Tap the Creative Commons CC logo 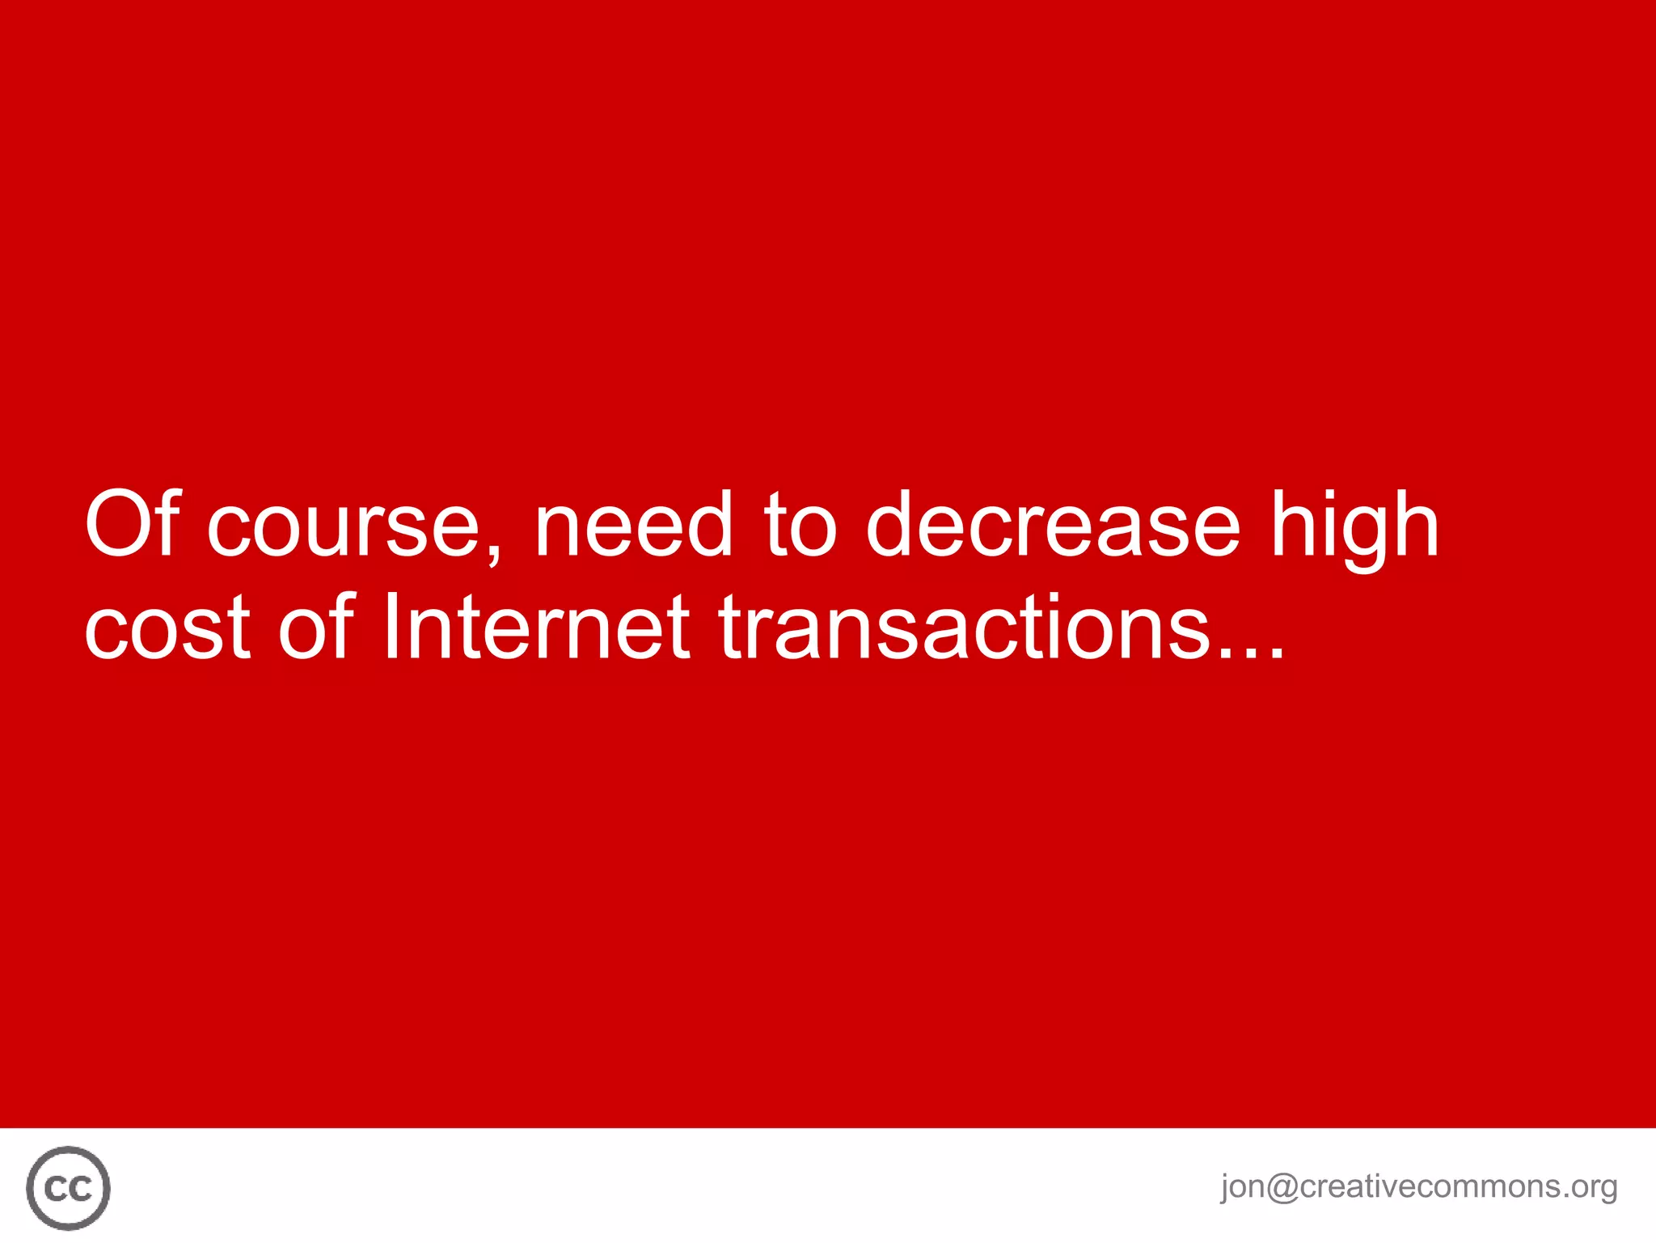coord(68,1187)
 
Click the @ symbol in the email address coord(1282,1186)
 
